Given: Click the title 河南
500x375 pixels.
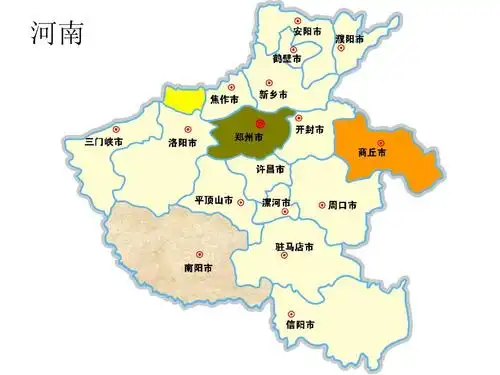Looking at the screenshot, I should point(57,33).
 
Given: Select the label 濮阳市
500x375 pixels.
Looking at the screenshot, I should point(349,38).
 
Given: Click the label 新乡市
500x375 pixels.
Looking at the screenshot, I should point(273,94).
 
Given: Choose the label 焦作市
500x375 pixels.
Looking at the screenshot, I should point(224,99).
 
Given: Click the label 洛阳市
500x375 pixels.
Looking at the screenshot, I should point(183,143).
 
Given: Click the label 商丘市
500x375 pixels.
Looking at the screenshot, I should point(372,153).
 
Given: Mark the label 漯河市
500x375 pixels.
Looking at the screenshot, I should point(275,202).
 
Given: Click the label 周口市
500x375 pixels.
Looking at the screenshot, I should point(342,205).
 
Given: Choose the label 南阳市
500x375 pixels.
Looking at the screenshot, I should point(198,268).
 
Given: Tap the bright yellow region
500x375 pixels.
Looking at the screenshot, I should point(181,98).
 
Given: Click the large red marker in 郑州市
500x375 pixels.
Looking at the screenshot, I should point(248,122).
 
